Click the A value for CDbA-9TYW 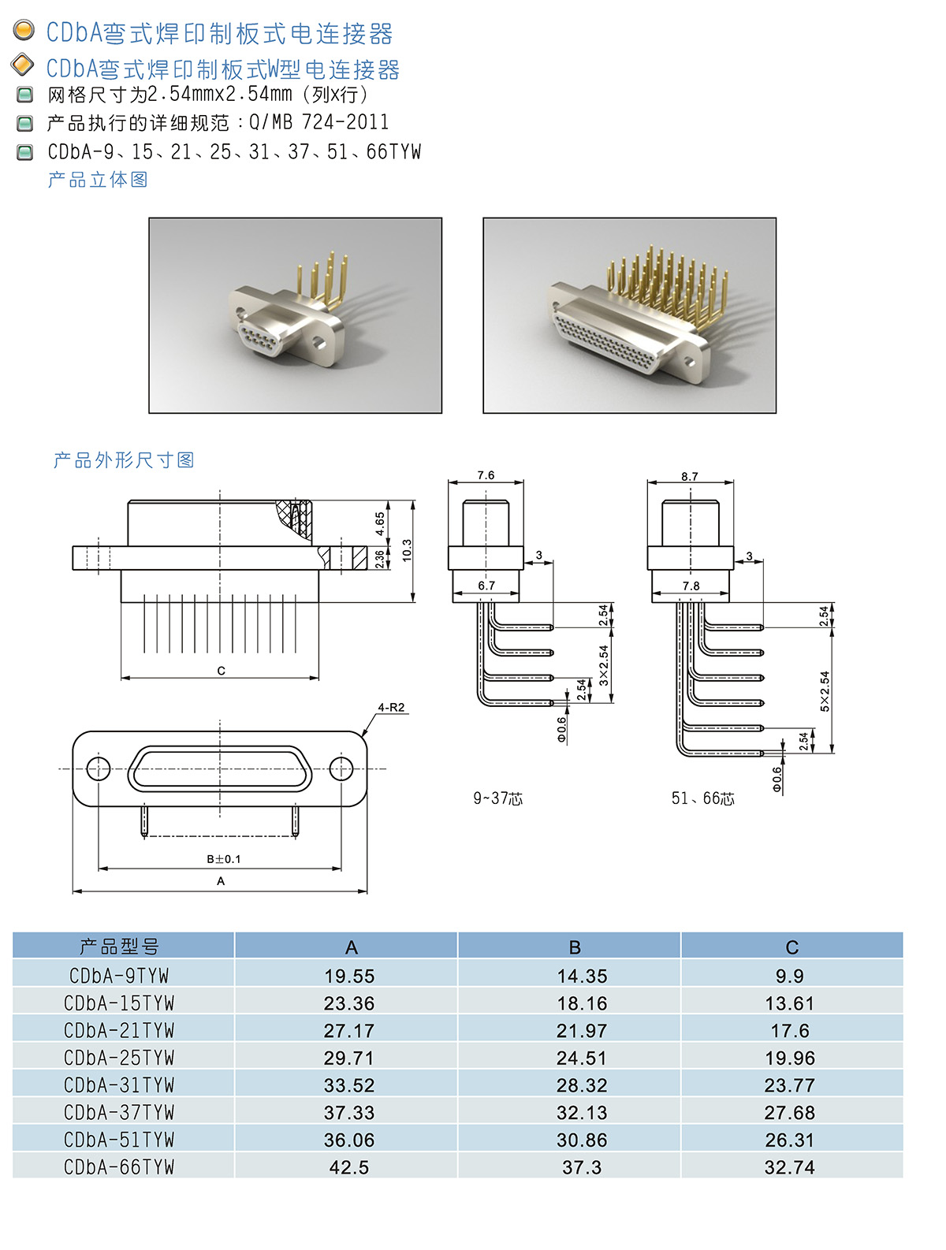pos(349,976)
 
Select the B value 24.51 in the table pos(582,1058)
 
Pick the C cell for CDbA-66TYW pos(789,1167)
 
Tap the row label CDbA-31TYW pos(119,1084)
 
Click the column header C pos(791,947)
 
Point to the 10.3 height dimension pos(407,551)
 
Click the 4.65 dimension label pos(380,524)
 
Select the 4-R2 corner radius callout pos(391,707)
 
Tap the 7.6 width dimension pos(486,475)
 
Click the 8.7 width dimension pos(689,476)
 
